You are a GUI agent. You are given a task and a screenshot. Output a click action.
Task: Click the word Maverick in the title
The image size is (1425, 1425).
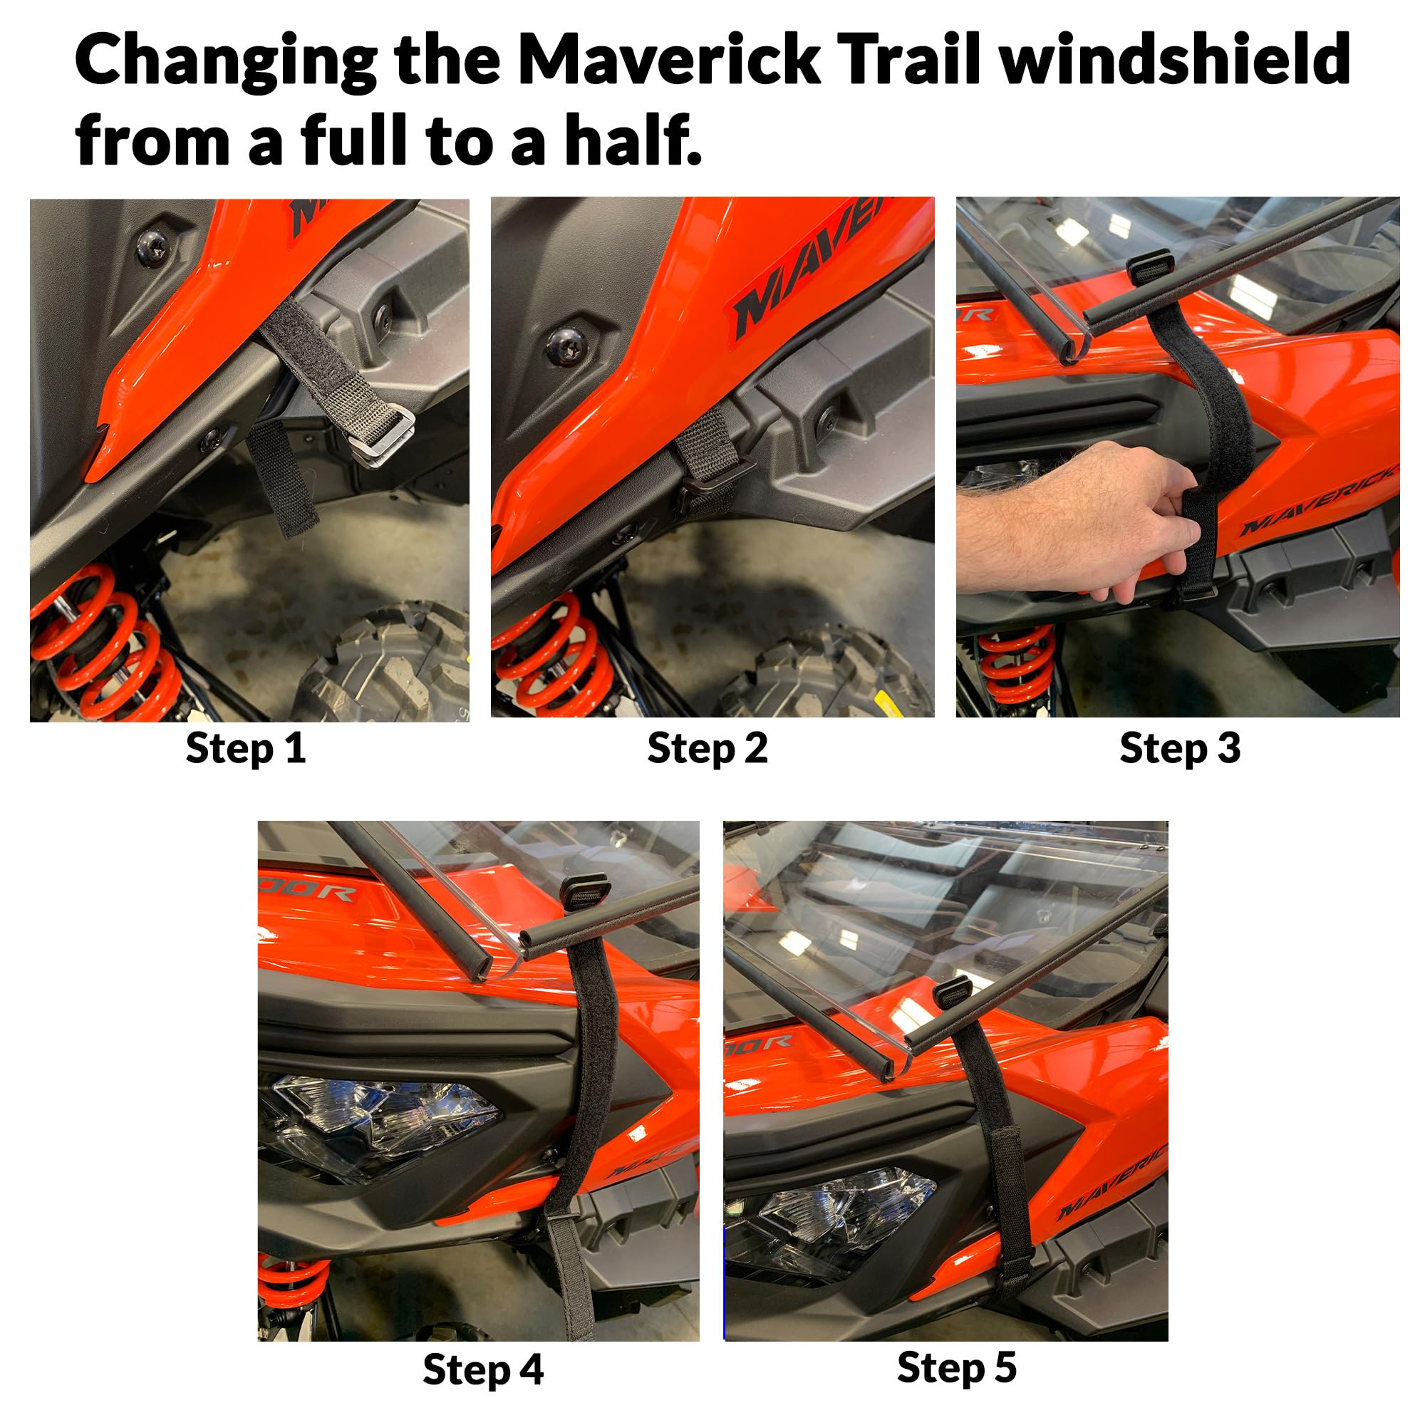668,61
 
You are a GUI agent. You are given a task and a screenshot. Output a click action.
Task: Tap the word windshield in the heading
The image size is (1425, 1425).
1176,61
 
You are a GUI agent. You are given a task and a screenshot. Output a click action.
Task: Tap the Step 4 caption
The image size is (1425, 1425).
483,1369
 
